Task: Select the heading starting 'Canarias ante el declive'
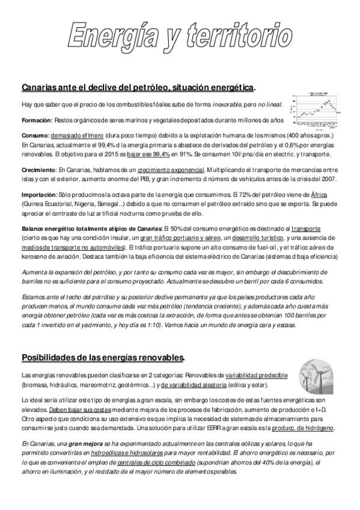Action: click(138, 88)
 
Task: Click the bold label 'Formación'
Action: click(36, 120)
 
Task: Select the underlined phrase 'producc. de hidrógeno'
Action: click(304, 428)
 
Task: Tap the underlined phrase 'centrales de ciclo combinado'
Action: click(155, 462)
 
